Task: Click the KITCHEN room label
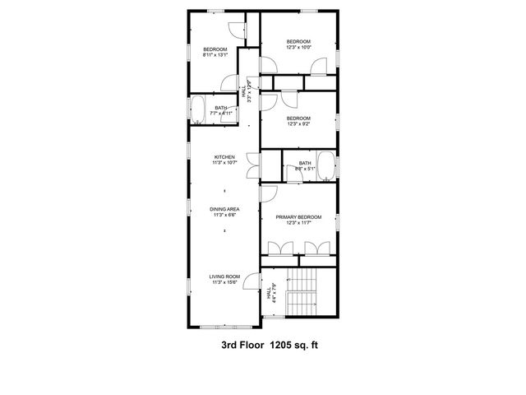pos(225,157)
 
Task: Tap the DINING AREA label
pos(225,209)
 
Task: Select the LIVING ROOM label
pos(225,276)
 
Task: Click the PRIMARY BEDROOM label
pos(298,216)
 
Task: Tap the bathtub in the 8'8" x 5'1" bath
pos(325,165)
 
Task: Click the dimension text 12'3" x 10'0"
pos(298,47)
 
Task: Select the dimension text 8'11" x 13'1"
pos(215,55)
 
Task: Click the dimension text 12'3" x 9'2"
pos(298,123)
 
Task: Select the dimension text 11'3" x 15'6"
pos(225,282)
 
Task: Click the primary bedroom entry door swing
pos(270,192)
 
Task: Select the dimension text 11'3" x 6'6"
pos(225,215)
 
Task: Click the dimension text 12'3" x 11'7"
pos(298,222)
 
